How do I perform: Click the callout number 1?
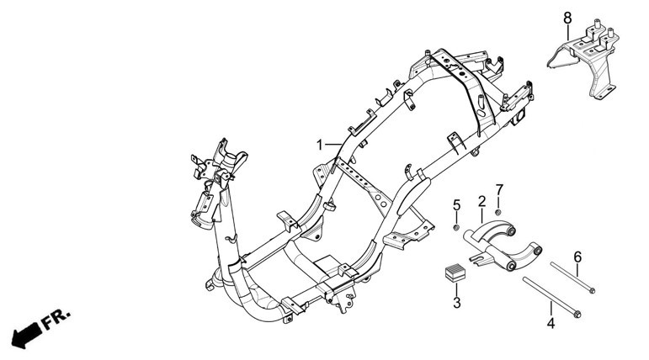pos(319,145)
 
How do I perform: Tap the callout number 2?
pos(481,202)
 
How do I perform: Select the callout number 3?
pos(456,303)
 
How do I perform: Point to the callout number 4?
pos(551,323)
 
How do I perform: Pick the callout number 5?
pos(456,205)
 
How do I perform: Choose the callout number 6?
pos(577,257)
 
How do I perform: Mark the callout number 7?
pos(499,190)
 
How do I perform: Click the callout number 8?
pos(567,19)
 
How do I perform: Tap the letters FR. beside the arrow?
pos(56,318)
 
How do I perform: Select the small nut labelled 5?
pos(456,228)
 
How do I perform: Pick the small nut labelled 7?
pos(498,212)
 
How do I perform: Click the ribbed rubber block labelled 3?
pos(455,273)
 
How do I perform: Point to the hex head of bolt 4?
pos(577,315)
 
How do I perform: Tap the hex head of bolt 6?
pos(591,290)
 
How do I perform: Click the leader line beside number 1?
pos(332,145)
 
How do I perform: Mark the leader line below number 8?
pos(567,32)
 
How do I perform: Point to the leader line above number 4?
pos(551,309)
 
